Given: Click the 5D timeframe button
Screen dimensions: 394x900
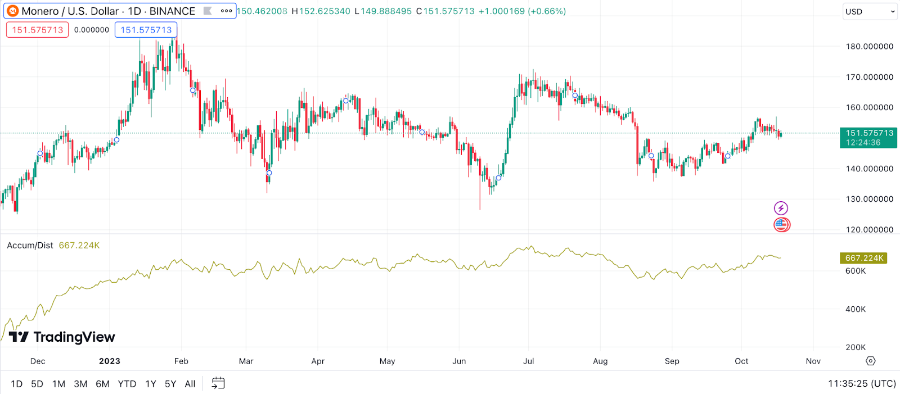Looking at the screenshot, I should (x=37, y=384).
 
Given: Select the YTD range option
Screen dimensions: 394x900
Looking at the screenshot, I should (x=127, y=384).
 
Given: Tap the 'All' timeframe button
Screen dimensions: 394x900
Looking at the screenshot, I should (x=190, y=384).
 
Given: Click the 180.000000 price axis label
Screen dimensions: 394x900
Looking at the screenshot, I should (x=869, y=47).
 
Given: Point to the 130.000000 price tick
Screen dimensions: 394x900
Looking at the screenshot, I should (x=869, y=199).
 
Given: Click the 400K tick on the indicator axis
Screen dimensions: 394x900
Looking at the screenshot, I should (x=856, y=309).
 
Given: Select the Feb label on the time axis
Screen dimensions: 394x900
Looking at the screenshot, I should (x=181, y=361).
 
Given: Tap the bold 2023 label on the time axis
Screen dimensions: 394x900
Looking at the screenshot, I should (x=110, y=361).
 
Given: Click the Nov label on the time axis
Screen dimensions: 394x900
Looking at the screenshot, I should (x=813, y=361).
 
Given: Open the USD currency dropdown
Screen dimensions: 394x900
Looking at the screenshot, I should (x=870, y=11).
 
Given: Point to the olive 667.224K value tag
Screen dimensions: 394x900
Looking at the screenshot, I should (x=863, y=258).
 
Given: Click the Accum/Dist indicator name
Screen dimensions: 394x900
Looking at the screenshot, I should (x=30, y=246).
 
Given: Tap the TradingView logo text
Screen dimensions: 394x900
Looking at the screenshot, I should (x=74, y=337).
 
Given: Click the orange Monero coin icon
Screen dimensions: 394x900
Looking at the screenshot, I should (x=12, y=11).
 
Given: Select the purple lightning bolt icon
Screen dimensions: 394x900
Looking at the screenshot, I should (x=781, y=209).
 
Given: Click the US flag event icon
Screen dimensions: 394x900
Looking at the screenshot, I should (x=781, y=225).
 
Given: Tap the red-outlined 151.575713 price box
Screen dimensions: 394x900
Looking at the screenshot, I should (x=38, y=30).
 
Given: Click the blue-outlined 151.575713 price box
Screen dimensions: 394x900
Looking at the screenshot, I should (x=146, y=30).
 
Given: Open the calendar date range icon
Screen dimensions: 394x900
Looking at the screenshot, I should (x=218, y=383).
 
